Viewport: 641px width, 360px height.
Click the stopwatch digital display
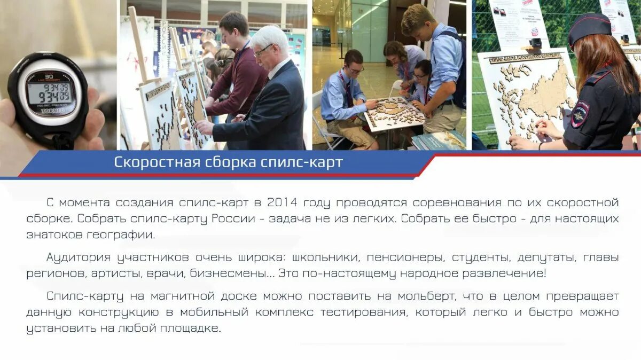51,94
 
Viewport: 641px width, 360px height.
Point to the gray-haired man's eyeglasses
263,51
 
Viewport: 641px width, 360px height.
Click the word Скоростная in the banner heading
153,162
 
